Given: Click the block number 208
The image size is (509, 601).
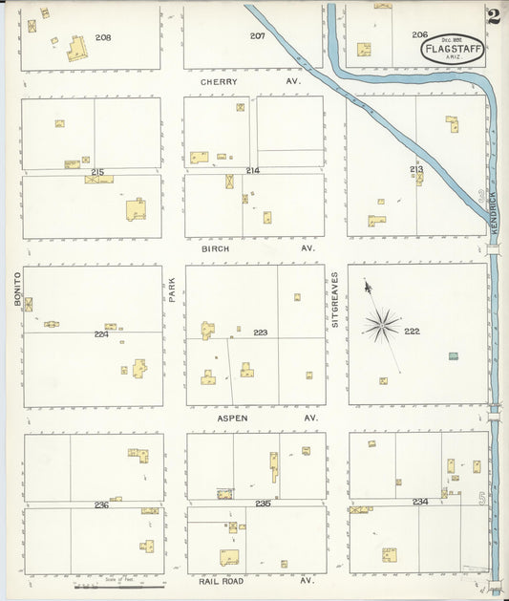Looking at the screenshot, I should coord(103,37).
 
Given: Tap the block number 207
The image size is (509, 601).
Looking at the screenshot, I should coord(257,35).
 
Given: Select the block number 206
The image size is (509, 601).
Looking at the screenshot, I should coord(420,34).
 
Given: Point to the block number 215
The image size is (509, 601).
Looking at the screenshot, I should coord(97,171).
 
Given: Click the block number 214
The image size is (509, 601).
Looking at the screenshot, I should coord(252,170).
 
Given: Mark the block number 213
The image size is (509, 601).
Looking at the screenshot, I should coord(416,169).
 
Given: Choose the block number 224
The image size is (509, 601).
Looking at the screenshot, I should coord(101,334).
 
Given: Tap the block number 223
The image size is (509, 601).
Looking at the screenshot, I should coord(260,333).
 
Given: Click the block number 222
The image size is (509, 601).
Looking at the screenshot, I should coord(412,331).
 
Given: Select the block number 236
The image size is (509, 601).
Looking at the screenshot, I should coord(101,504).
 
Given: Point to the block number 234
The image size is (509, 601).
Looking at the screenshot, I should coord(420,502).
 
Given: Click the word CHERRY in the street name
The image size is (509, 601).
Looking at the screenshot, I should coord(219,82).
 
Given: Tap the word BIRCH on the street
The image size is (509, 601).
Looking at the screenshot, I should coord(218,248).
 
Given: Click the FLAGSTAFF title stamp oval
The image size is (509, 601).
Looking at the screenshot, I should coord(453,48).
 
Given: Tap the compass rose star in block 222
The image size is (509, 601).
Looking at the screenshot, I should coord(381,326).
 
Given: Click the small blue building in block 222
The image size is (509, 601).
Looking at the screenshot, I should coord(453,356).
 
